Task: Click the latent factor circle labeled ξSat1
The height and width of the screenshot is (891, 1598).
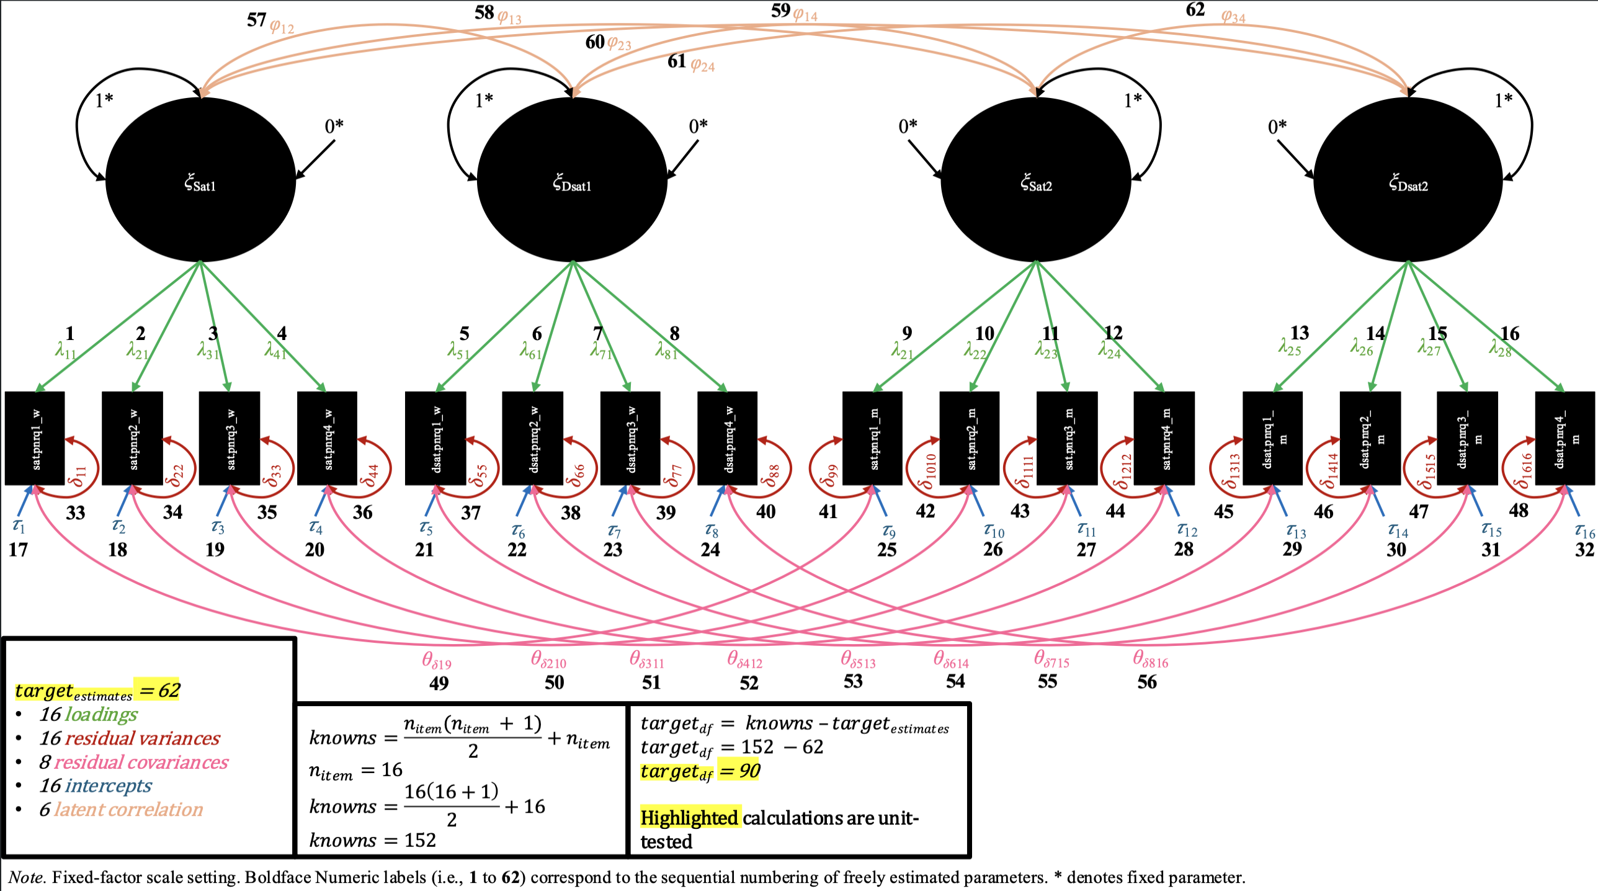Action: pyautogui.click(x=200, y=180)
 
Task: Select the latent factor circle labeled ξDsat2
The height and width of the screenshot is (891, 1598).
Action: pyautogui.click(x=1408, y=180)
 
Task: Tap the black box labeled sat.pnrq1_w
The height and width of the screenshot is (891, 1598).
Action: pyautogui.click(x=35, y=438)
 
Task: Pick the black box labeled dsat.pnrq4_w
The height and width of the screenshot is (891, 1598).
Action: pyautogui.click(x=728, y=438)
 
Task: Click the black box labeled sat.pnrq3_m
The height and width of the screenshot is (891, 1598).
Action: pyautogui.click(x=1067, y=438)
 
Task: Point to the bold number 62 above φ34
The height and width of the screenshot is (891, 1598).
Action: pyautogui.click(x=1195, y=10)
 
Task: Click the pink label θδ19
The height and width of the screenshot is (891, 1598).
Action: pyautogui.click(x=437, y=661)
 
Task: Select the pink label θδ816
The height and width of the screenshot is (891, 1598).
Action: pyautogui.click(x=1150, y=660)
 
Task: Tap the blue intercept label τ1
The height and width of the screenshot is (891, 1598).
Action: pyautogui.click(x=19, y=526)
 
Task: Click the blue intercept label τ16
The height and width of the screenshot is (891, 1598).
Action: pyautogui.click(x=1584, y=531)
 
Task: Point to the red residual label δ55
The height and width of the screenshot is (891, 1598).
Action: pyautogui.click(x=478, y=475)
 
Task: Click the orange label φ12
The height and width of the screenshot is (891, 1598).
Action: pyautogui.click(x=282, y=27)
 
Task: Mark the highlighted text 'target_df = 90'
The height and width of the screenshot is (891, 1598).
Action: pyautogui.click(x=700, y=771)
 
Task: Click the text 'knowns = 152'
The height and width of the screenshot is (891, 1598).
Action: pyautogui.click(x=372, y=840)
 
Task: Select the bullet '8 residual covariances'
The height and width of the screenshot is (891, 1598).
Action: pyautogui.click(x=133, y=762)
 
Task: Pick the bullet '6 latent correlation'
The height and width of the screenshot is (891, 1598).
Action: pyautogui.click(x=121, y=810)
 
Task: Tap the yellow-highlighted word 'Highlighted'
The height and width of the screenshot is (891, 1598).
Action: pyautogui.click(x=689, y=818)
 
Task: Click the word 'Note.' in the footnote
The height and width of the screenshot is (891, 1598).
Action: pyautogui.click(x=26, y=877)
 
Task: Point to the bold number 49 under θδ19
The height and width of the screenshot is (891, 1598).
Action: pyautogui.click(x=439, y=683)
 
